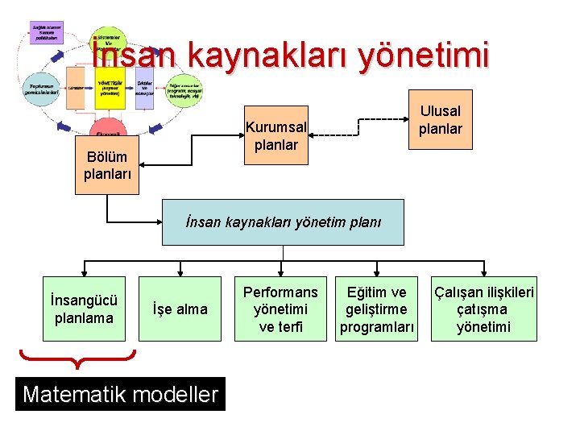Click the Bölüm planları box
pyautogui.click(x=106, y=164)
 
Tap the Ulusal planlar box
pyautogui.click(x=440, y=120)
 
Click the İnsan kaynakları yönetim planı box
pyautogui.click(x=283, y=222)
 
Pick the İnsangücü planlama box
pyautogui.click(x=84, y=309)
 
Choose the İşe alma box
pyautogui.click(x=180, y=309)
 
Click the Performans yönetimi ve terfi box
pyautogui.click(x=280, y=309)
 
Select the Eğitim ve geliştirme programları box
pyautogui.click(x=377, y=309)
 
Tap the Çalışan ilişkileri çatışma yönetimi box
pyautogui.click(x=483, y=309)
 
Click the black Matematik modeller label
pyautogui.click(x=120, y=394)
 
